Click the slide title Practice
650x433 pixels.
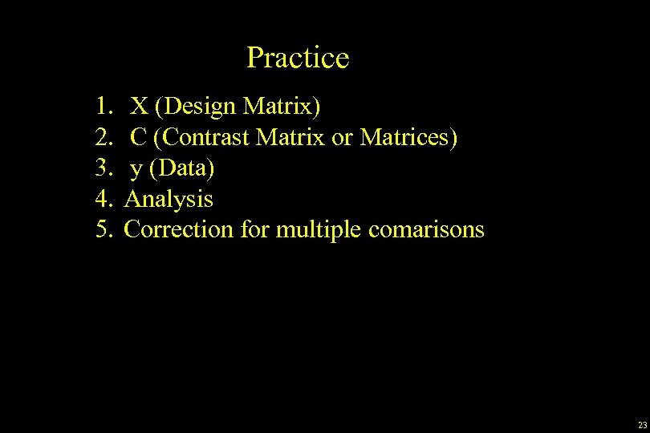pos(298,58)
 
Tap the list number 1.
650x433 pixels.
pos(104,105)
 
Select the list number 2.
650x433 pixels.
pos(104,136)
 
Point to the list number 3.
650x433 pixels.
pos(104,168)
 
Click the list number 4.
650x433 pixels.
pos(104,198)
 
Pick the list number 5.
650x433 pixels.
pos(104,229)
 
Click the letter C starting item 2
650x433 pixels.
pos(139,136)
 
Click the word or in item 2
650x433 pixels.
pos(342,137)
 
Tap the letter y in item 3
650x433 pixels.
pos(137,169)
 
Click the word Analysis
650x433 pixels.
pos(169,199)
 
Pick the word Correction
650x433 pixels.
pos(178,229)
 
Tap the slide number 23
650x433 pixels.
pos(642,425)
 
